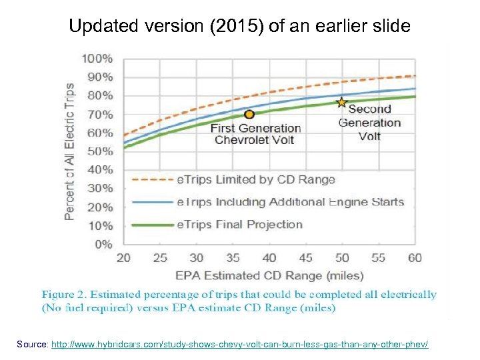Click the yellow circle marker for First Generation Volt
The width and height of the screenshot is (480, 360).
click(249, 114)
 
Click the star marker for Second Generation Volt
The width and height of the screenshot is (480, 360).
click(342, 103)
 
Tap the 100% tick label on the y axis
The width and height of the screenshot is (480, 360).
click(97, 59)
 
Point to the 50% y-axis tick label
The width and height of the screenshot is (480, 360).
click(100, 151)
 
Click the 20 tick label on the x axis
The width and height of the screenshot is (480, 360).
click(124, 258)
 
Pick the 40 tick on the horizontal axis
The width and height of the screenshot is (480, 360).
click(269, 258)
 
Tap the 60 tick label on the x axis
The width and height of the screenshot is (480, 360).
click(415, 258)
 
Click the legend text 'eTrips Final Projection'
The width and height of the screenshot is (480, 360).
click(239, 225)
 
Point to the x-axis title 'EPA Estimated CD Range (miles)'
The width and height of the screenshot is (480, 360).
click(269, 275)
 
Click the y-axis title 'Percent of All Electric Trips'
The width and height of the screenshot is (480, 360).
click(70, 152)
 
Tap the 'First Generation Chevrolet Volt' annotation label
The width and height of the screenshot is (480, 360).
click(255, 134)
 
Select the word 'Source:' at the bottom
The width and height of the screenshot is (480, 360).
click(33, 344)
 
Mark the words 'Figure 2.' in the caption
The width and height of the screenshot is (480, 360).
click(64, 294)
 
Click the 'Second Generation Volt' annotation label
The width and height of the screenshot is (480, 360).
click(369, 123)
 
